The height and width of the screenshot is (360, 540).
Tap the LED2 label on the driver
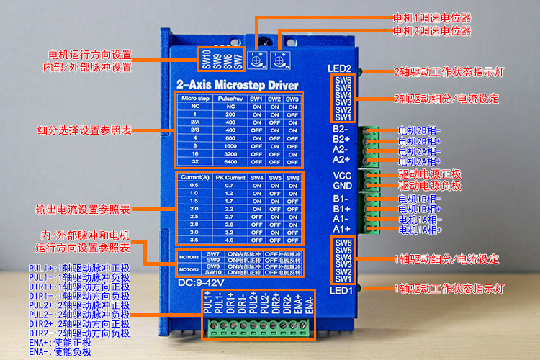339,68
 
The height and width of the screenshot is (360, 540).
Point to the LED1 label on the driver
341,290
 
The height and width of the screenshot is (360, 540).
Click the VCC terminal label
342,176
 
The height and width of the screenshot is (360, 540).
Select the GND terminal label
342,186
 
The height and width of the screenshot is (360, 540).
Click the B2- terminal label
341,129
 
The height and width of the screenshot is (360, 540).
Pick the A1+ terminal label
341,229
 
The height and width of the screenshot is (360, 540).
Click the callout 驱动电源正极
430,174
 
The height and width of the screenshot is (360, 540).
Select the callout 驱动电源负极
430,186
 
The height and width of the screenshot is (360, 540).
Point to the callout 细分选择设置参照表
84,131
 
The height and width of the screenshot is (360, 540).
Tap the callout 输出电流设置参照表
84,210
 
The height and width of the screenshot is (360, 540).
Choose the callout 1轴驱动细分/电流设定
446,258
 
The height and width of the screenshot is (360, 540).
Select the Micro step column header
194,98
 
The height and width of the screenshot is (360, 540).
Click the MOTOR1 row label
188,257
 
